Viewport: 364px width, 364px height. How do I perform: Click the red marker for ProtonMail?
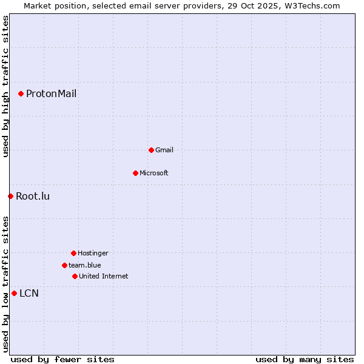[21, 93]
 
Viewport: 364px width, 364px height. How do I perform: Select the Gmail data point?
[151, 150]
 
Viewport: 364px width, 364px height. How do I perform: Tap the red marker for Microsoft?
[135, 173]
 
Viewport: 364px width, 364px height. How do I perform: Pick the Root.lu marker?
[10, 196]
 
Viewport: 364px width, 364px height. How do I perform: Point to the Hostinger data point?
[73, 253]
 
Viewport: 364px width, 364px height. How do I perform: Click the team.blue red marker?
[64, 265]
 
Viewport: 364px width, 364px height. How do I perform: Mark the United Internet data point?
[75, 276]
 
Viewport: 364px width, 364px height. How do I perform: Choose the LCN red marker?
[14, 293]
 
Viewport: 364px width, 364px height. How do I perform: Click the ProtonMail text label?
[51, 93]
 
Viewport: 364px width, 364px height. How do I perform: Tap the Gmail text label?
[164, 150]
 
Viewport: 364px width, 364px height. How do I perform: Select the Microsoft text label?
[153, 173]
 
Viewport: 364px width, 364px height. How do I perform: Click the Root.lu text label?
[33, 196]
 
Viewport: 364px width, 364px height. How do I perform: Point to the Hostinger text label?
[93, 253]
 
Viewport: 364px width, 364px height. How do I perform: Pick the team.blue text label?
[84, 265]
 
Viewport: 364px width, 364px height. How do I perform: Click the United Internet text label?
[103, 276]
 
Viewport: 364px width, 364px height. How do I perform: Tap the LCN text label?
[29, 294]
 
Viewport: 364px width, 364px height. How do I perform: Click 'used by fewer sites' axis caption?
[62, 360]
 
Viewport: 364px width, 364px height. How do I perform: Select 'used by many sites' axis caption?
[305, 360]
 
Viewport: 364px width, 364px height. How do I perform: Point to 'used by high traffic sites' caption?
[5, 87]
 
